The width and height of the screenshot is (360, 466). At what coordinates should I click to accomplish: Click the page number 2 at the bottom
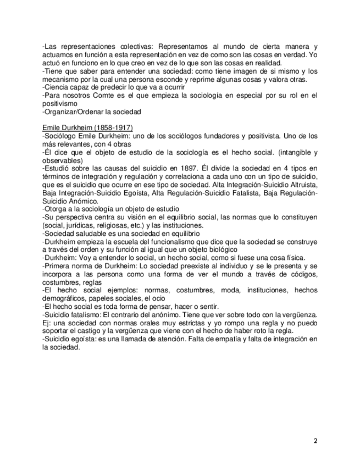click(x=315, y=441)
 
